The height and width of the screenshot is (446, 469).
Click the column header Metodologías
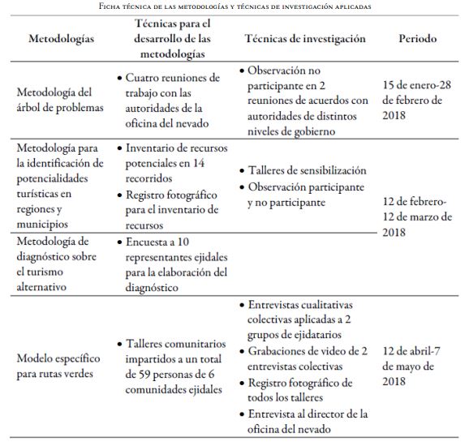coord(60,39)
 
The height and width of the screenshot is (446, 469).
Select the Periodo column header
coord(417,39)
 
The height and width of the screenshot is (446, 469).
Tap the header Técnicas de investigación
coord(305,39)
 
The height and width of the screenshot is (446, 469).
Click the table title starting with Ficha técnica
coord(234,6)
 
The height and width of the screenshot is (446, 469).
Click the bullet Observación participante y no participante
coord(304,195)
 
